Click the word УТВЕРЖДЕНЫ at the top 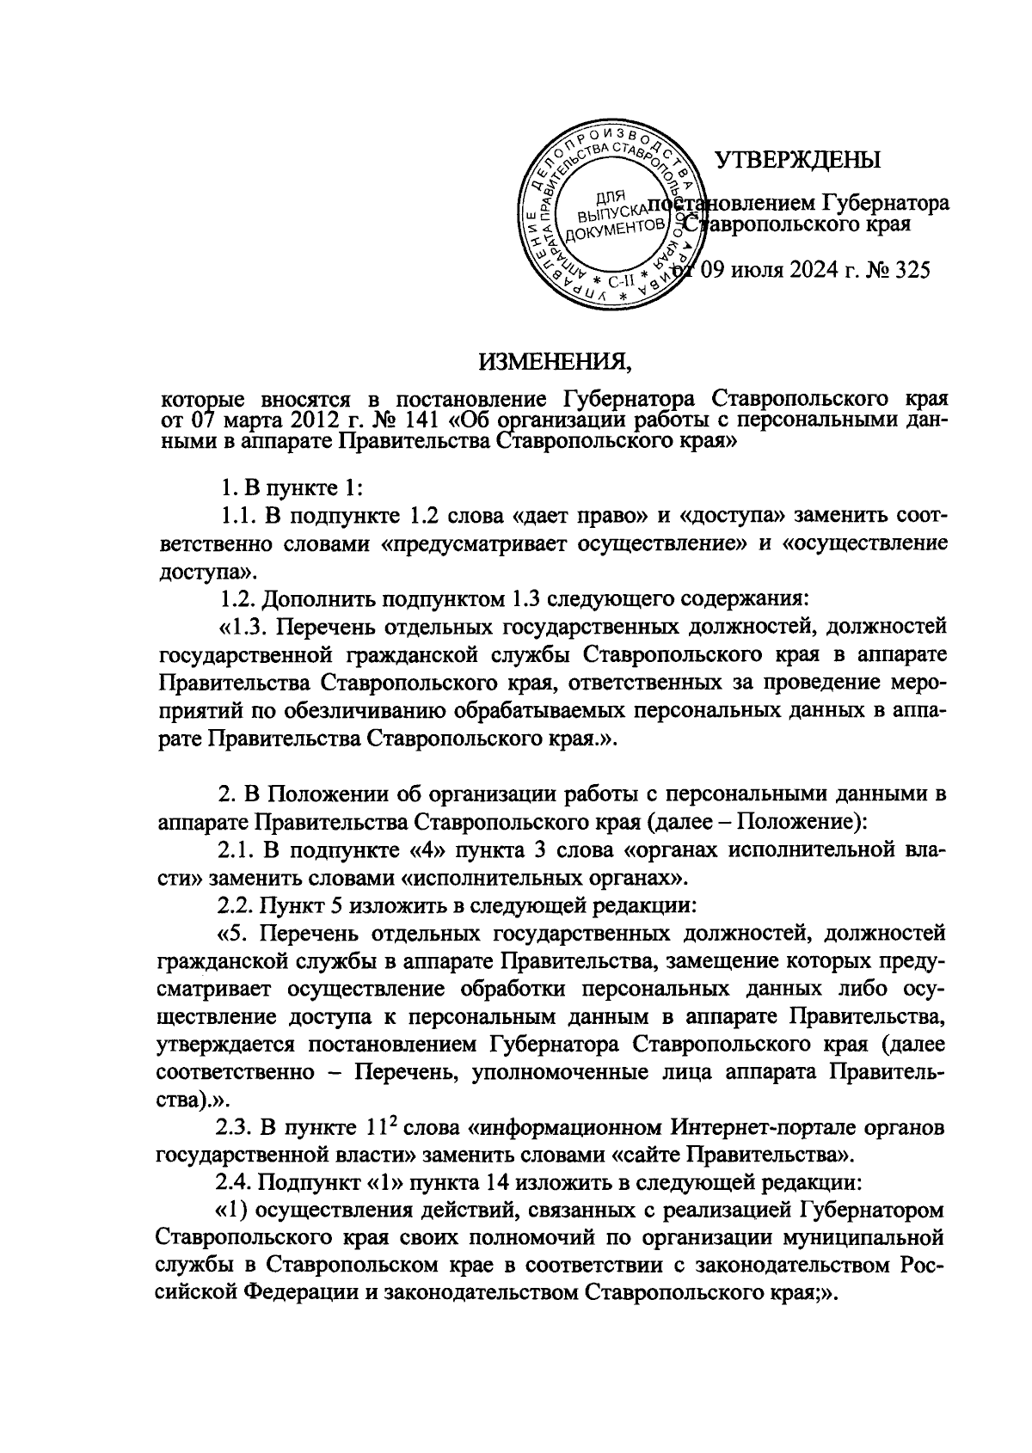(799, 159)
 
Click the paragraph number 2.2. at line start (235, 904)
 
